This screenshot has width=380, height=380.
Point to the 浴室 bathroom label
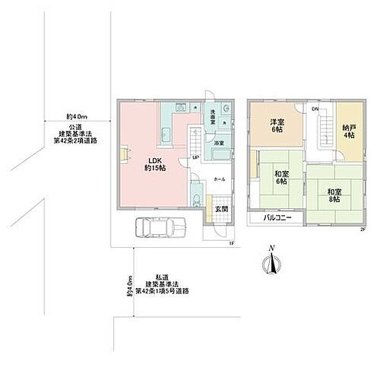click(x=218, y=143)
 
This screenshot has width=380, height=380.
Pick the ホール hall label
click(x=219, y=179)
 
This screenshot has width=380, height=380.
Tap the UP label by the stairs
click(x=196, y=157)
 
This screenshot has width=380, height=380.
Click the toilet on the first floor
click(x=198, y=201)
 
